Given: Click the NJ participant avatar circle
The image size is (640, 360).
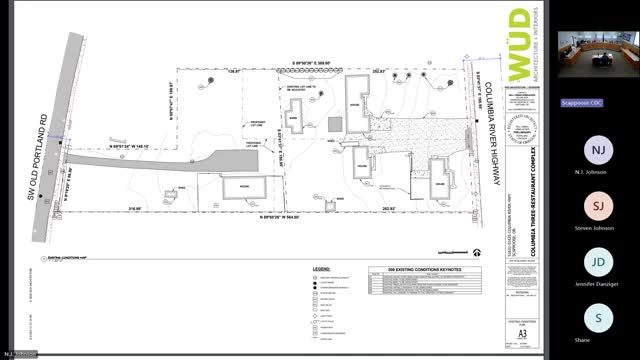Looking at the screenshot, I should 598,151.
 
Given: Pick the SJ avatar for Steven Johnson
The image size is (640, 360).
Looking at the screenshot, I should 598,207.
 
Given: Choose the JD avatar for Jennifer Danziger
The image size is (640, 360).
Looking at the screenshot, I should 598,263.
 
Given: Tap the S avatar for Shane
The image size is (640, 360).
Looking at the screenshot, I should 598,319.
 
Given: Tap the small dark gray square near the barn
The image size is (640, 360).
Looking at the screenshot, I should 334,123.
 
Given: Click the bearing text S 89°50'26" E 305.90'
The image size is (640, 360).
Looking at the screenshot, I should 319,63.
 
